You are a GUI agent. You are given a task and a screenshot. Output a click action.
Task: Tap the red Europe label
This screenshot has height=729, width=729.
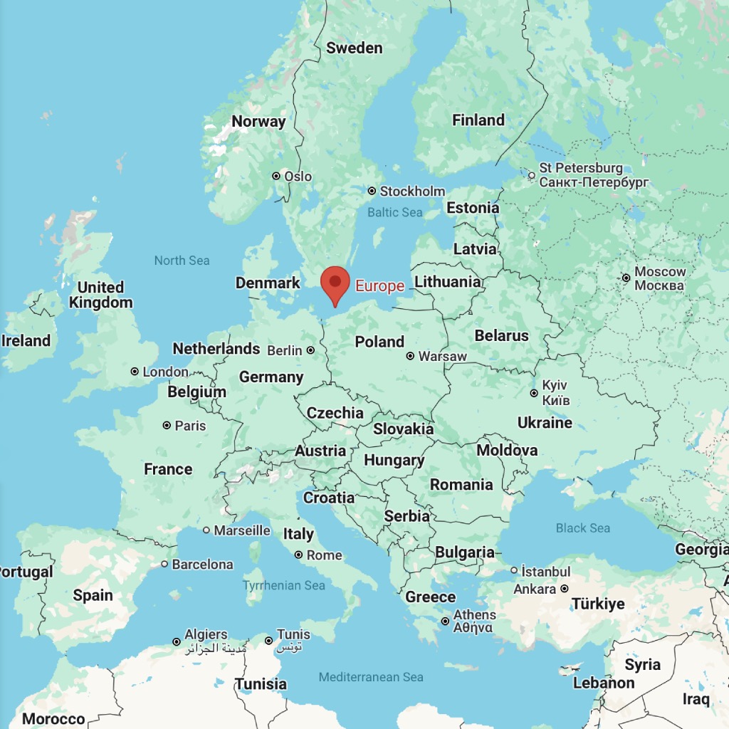coord(379,286)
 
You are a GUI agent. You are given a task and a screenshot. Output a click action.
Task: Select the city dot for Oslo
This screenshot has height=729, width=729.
coord(276,176)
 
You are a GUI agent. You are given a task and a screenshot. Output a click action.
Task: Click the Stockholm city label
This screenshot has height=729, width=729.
coord(412,191)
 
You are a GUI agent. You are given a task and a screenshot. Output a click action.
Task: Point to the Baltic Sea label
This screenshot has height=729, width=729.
coord(394,212)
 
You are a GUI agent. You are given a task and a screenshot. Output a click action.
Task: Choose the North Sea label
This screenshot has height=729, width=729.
coord(182,261)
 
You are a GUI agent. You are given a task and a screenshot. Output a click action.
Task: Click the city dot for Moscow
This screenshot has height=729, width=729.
coord(626,278)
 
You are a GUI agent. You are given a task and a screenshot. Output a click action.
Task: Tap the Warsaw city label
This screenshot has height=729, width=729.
coord(443,356)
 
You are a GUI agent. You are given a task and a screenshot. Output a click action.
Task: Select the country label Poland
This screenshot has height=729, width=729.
coord(379,342)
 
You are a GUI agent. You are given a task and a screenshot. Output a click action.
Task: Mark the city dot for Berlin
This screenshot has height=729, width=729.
coord(310,350)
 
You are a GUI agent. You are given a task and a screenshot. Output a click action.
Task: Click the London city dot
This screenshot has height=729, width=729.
coord(135,372)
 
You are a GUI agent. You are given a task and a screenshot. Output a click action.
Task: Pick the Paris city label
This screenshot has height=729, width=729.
coord(190,426)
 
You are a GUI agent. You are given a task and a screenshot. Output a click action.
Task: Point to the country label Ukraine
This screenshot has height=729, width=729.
coord(545,423)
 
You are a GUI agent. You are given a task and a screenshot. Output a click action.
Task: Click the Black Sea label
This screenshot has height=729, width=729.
coord(583,528)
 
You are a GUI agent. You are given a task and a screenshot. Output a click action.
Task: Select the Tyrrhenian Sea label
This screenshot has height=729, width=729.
coord(283,585)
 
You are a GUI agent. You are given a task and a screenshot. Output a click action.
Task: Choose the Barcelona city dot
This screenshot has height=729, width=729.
coord(164,564)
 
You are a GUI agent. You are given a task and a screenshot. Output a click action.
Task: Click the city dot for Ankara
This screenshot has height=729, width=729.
coord(565,589)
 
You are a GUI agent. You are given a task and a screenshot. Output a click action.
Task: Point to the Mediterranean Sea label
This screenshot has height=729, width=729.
coord(371,677)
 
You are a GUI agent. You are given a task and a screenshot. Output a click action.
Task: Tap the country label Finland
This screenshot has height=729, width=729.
coord(478,120)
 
